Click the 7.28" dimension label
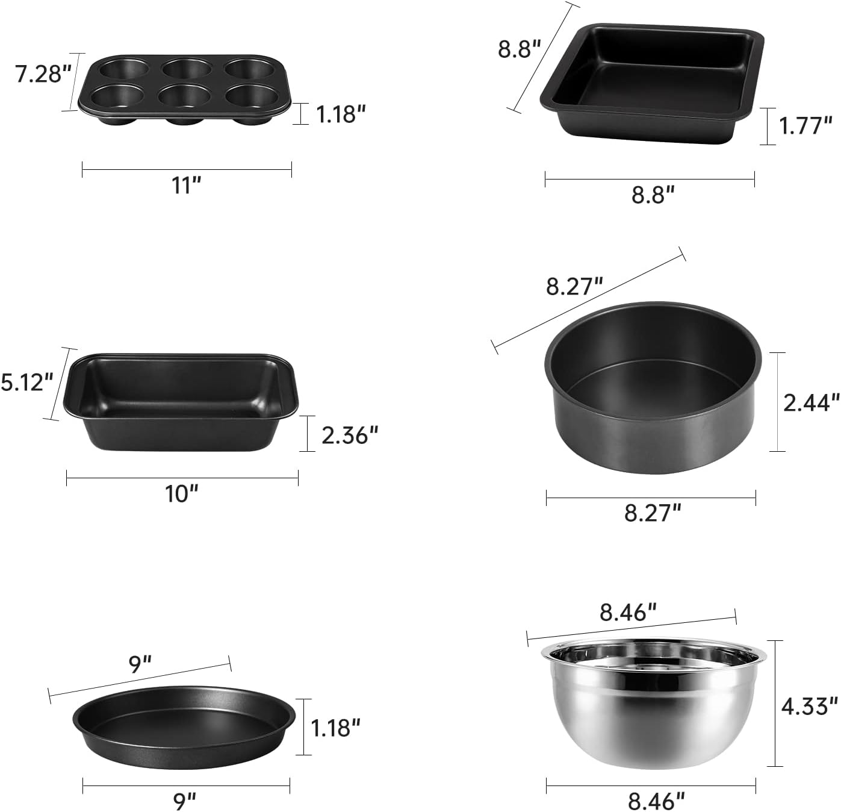click(43, 74)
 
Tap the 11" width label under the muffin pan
click(187, 186)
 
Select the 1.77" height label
click(805, 126)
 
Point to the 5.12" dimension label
click(27, 383)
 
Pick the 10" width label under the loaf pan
click(182, 494)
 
